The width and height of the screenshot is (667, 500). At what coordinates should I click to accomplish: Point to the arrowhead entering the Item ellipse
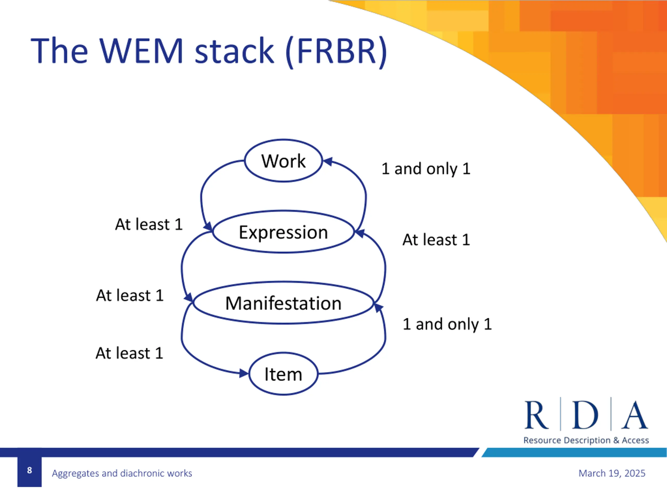point(244,373)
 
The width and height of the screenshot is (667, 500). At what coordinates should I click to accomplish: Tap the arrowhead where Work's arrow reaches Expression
point(208,226)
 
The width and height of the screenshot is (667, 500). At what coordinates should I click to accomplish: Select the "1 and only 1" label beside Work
point(426,169)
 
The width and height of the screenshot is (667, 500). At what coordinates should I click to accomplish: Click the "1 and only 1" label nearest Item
point(447,324)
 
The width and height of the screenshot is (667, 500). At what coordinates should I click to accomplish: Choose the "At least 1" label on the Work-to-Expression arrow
point(149,224)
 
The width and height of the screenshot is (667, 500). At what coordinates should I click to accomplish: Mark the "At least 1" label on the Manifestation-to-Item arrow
point(129,353)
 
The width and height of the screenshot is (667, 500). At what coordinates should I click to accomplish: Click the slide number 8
point(29,470)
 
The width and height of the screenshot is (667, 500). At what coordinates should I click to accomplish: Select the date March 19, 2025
point(612,473)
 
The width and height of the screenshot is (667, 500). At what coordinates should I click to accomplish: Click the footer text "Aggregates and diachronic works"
point(122,473)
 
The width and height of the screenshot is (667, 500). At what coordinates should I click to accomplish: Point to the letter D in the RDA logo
point(585,415)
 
